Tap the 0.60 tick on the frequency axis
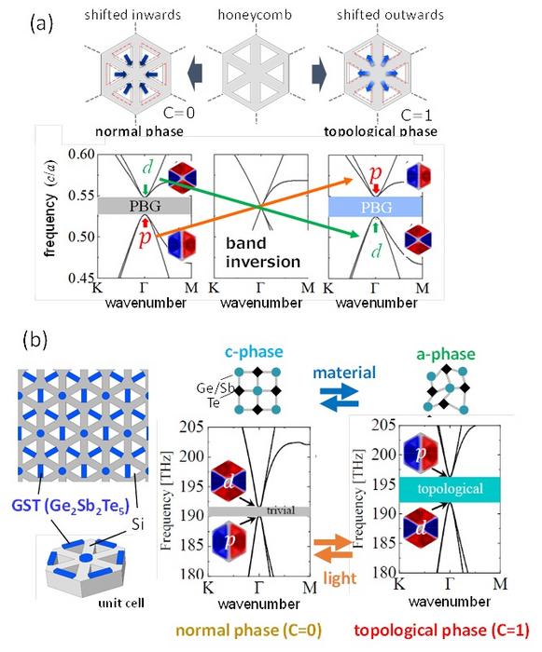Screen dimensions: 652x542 pos(88,155)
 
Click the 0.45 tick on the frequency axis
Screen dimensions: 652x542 pos(88,277)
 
